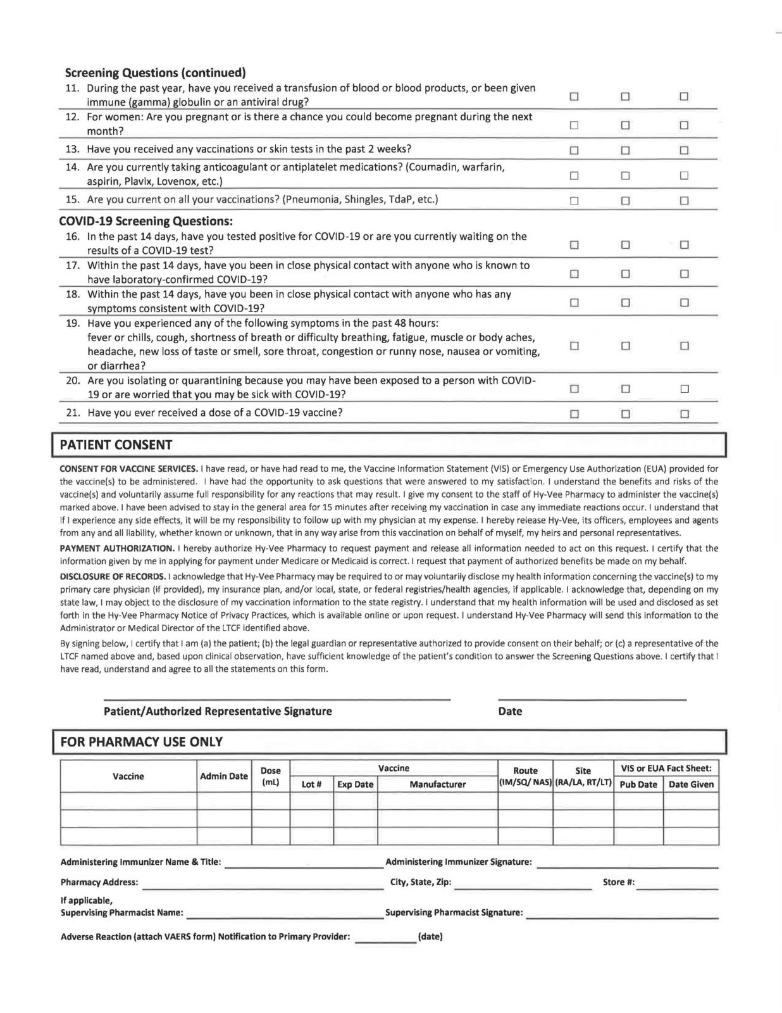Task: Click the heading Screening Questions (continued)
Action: coord(156,72)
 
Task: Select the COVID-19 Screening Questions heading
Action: coord(146,222)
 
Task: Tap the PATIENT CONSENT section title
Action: coord(116,444)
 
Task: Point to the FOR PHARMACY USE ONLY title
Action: coord(141,741)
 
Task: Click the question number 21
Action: coord(73,413)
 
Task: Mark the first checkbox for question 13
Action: coord(574,150)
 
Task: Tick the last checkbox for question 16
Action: coord(683,244)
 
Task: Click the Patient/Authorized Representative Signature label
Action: coord(218,711)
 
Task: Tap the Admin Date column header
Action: coord(224,776)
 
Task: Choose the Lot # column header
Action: coord(312,784)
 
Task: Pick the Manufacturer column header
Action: coord(438,784)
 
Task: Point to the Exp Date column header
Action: coord(356,784)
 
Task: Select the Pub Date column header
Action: coord(638,784)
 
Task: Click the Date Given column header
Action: coord(691,784)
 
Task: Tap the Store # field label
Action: coord(619,882)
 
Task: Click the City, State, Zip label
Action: coord(421,882)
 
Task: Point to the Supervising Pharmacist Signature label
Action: coord(454,912)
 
